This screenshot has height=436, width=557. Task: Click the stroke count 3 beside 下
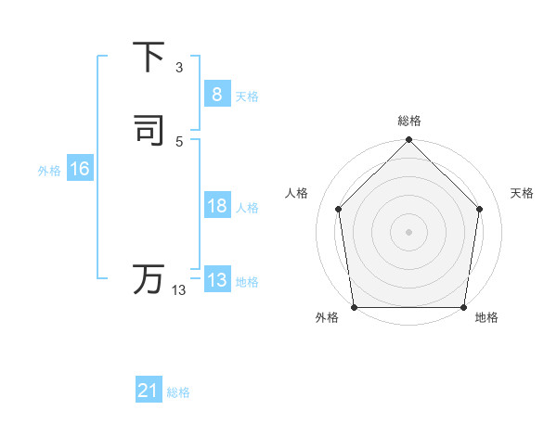179,68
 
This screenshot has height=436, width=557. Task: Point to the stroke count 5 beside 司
179,141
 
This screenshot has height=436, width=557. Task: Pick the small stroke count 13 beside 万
179,290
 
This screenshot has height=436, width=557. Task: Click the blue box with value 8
216,94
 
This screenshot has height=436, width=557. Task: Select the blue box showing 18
216,206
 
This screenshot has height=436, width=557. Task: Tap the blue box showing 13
216,280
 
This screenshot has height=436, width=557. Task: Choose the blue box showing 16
79,169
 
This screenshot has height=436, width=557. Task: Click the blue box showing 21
148,391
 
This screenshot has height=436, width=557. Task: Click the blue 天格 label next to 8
247,96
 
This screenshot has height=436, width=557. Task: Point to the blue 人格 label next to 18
247,209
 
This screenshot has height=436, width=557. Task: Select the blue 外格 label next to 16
49,171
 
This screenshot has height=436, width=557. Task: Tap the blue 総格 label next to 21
178,393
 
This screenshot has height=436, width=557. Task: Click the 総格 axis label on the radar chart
409,121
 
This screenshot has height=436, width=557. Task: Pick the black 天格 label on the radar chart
522,193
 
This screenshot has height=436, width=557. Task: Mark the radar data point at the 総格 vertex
408,140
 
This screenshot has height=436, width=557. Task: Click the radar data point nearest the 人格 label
338,209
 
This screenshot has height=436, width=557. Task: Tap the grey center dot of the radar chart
408,231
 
